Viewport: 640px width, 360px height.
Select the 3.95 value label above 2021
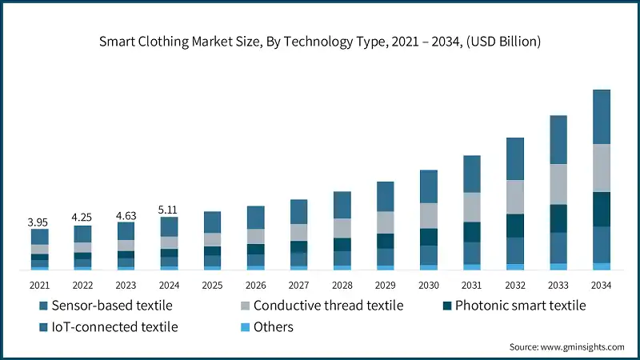point(39,221)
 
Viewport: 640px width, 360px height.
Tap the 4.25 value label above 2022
point(82,217)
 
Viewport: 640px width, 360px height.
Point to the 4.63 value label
point(126,214)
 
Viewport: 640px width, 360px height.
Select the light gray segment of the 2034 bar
point(601,168)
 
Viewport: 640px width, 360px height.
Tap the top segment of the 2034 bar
point(601,117)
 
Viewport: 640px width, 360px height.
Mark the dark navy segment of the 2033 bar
point(558,218)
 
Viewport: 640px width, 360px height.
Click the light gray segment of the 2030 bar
point(428,215)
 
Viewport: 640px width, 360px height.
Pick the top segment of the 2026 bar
point(255,218)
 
